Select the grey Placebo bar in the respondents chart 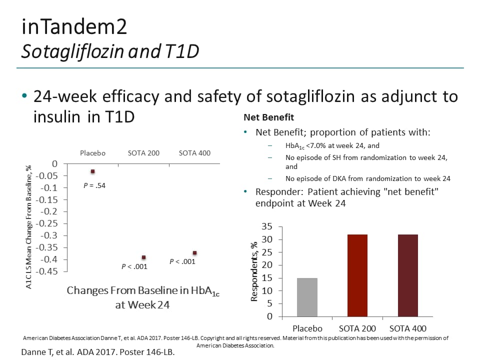pyautogui.click(x=307, y=297)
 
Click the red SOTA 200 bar pyautogui.click(x=357, y=275)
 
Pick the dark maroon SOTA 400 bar pyautogui.click(x=408, y=275)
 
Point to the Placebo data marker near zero pyautogui.click(x=92, y=171)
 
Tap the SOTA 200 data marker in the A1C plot pyautogui.click(x=143, y=257)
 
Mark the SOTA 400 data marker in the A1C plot pyautogui.click(x=194, y=252)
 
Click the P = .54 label pyautogui.click(x=94, y=185)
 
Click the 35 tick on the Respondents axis pyautogui.click(x=267, y=226)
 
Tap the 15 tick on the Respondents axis pyautogui.click(x=267, y=278)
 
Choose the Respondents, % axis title pyautogui.click(x=254, y=271)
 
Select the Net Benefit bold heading pyautogui.click(x=268, y=117)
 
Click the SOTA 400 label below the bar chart pyautogui.click(x=407, y=328)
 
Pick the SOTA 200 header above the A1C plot pyautogui.click(x=143, y=153)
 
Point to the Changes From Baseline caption pyautogui.click(x=143, y=291)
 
